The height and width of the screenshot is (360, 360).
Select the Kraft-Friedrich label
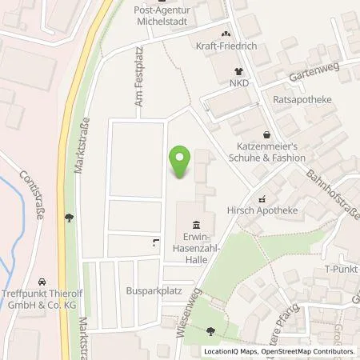(x=226, y=46)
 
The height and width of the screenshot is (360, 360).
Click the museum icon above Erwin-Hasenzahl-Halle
(x=198, y=224)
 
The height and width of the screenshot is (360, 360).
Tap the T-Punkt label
(x=342, y=270)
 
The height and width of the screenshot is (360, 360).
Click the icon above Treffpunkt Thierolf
(x=70, y=216)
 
